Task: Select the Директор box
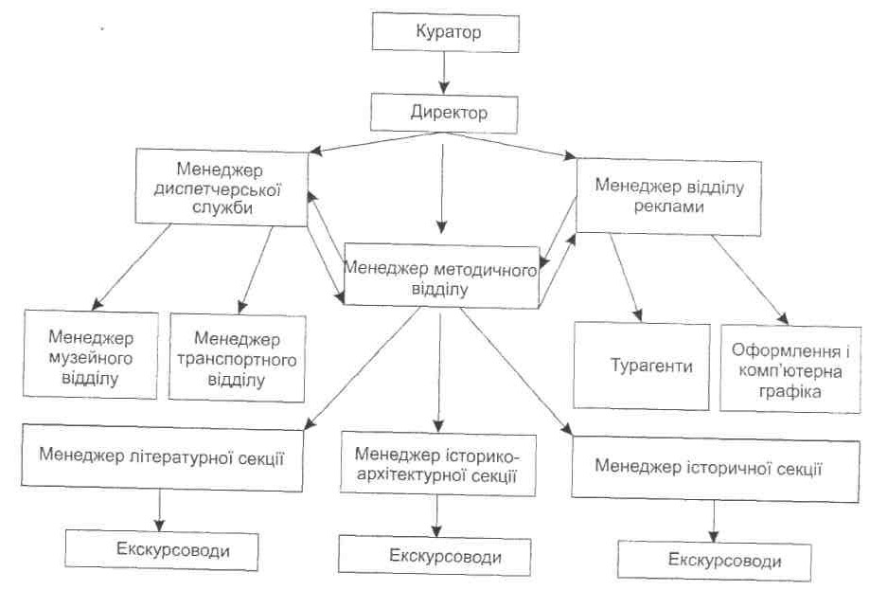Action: point(449,114)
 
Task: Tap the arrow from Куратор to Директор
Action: point(442,74)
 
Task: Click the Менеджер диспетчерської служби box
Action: point(222,187)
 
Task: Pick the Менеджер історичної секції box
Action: point(709,467)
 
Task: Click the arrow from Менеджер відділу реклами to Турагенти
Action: point(626,277)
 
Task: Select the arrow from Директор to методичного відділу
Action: point(441,185)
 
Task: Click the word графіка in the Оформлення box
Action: point(790,390)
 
